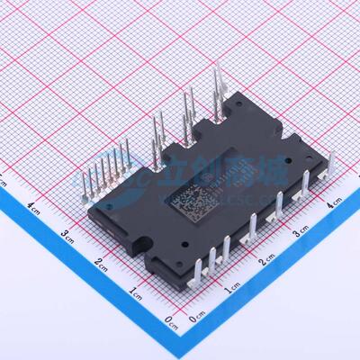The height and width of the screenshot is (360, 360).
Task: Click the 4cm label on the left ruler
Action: (x=33, y=206)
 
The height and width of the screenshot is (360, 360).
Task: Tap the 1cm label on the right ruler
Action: (x=231, y=287)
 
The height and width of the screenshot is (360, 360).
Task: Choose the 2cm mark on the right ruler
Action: (x=266, y=261)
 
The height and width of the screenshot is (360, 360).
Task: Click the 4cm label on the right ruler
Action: (x=334, y=206)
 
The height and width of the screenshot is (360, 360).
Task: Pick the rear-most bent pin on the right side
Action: (x=326, y=176)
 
